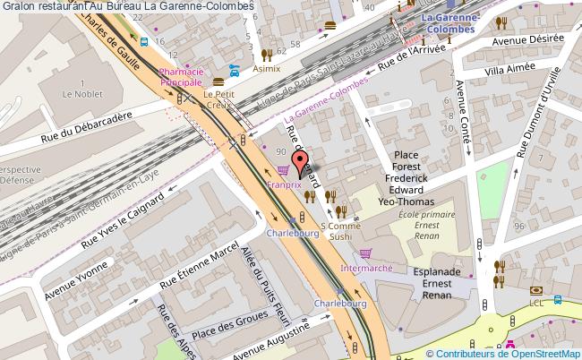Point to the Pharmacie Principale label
point(182,76)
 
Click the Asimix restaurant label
point(266,68)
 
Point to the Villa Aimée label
point(508,71)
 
